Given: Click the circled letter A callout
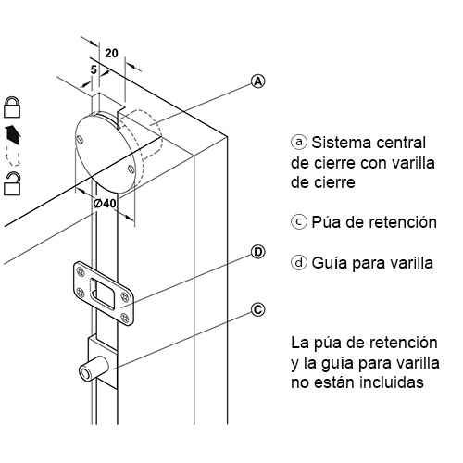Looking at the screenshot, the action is pyautogui.click(x=257, y=81).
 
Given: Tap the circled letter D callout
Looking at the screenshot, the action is pyautogui.click(x=257, y=252).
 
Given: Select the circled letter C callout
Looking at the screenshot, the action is pyautogui.click(x=257, y=309).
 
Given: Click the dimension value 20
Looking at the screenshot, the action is pyautogui.click(x=111, y=54).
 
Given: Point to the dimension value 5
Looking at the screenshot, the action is pyautogui.click(x=94, y=70).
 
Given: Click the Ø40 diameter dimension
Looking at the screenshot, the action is pyautogui.click(x=105, y=204).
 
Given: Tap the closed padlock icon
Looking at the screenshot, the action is pyautogui.click(x=12, y=107).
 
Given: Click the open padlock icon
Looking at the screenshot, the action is pyautogui.click(x=12, y=184).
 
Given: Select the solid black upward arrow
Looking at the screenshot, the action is pyautogui.click(x=13, y=135).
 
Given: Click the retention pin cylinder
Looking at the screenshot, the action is pyautogui.click(x=94, y=369).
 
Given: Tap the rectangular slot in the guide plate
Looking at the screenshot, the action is pyautogui.click(x=102, y=293).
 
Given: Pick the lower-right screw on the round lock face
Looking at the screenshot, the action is pyautogui.click(x=131, y=169).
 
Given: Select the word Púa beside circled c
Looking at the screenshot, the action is pyautogui.click(x=326, y=222).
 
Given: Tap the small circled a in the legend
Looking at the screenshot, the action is pyautogui.click(x=299, y=143).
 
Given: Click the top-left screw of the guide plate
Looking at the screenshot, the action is pyautogui.click(x=81, y=272).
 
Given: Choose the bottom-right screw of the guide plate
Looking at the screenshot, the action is pyautogui.click(x=125, y=317).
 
